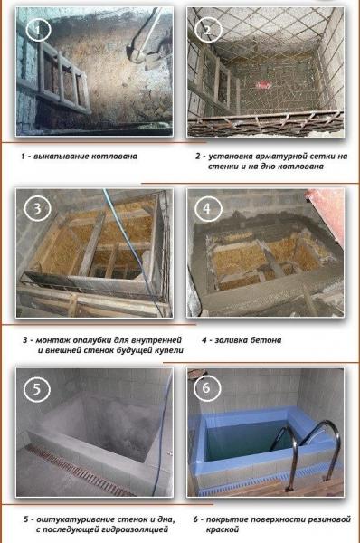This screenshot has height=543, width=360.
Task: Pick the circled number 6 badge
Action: click(207, 388)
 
